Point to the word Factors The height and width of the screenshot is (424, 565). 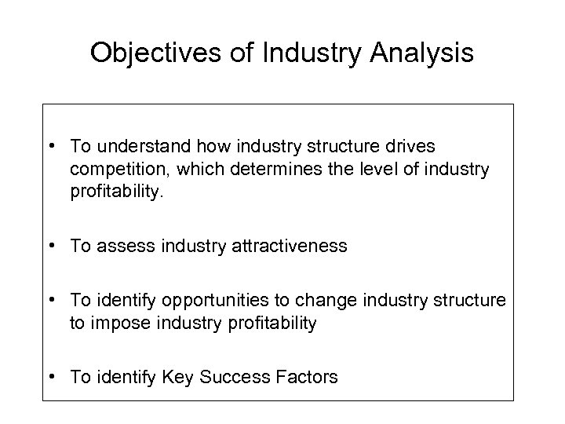tap(308, 378)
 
